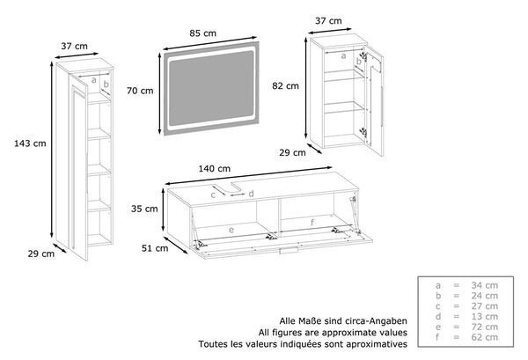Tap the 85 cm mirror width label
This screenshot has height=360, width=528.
click(202, 33)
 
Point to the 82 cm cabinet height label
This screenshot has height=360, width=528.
click(287, 86)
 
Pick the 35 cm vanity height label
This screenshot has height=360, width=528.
click(146, 209)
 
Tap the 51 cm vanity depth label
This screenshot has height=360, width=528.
click(155, 249)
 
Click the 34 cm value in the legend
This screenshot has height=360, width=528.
click(486, 285)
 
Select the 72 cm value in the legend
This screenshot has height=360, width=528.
click(486, 327)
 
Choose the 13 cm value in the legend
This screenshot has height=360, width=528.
click(486, 316)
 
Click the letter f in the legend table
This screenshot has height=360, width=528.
click(437, 337)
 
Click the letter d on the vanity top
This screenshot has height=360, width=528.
click(251, 193)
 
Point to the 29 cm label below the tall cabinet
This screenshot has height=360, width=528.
click(40, 254)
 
